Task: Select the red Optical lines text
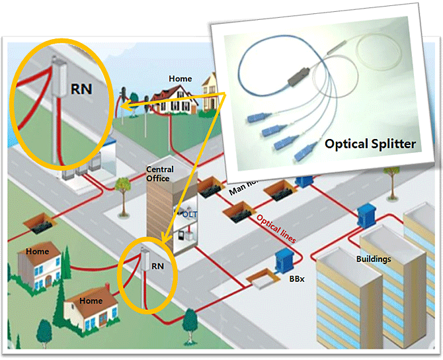click(276, 228)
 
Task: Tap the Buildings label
click(373, 259)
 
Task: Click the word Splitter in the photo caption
click(387, 144)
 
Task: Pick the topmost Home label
click(180, 79)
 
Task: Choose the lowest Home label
click(91, 301)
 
